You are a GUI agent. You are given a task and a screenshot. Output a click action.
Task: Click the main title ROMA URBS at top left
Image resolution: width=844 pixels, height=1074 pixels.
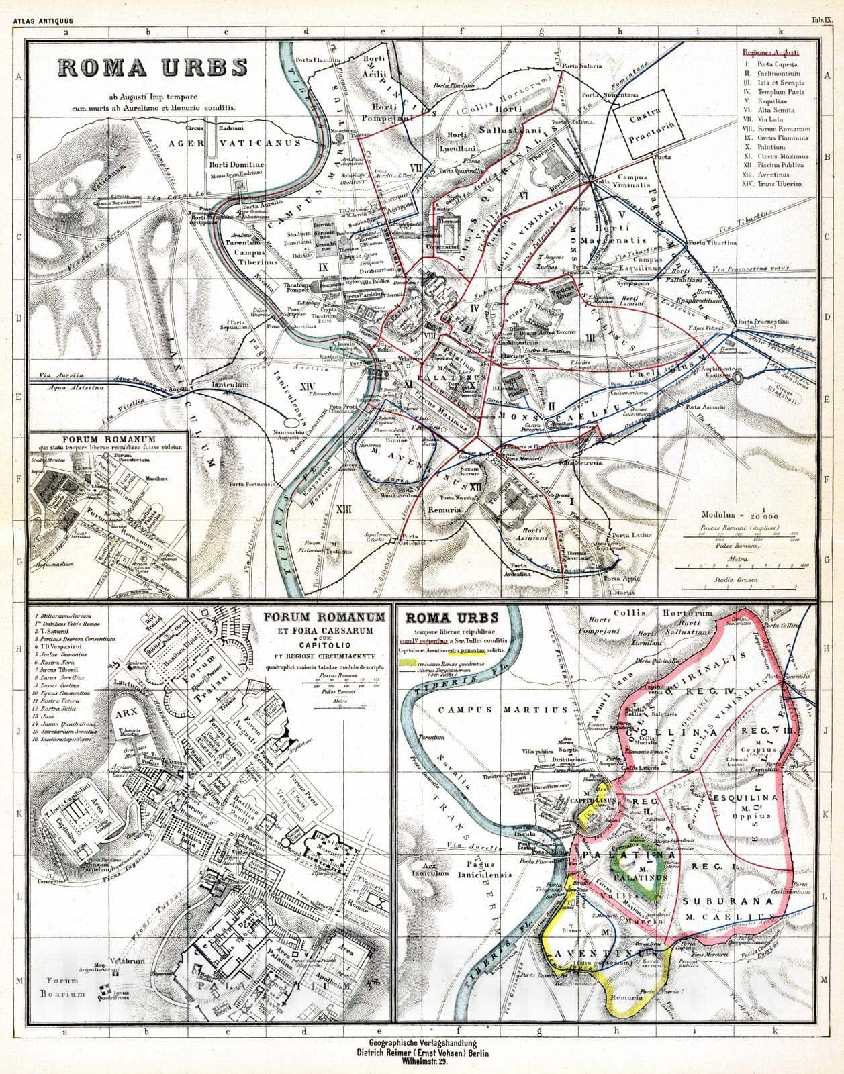tap(152, 68)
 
